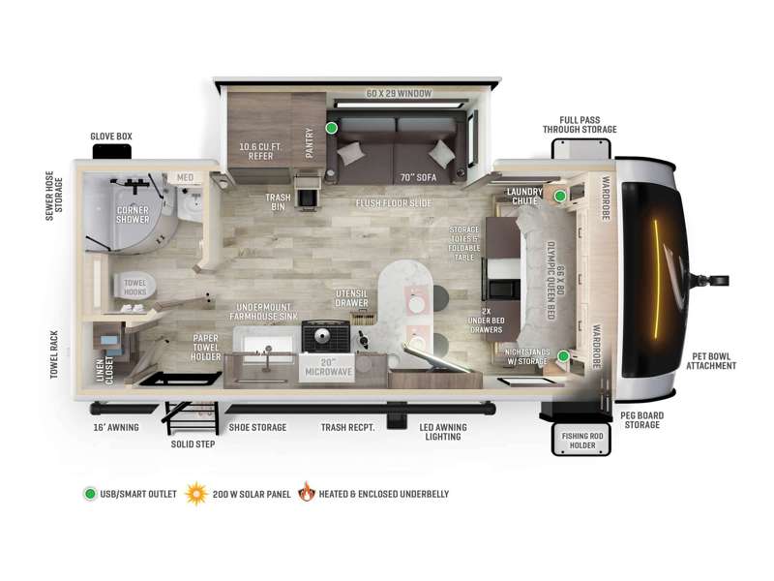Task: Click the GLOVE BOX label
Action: point(111,137)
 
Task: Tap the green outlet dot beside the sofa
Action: point(332,128)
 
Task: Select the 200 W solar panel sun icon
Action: point(196,494)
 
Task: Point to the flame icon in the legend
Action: point(307,492)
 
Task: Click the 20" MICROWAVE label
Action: point(328,367)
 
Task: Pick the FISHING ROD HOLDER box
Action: point(581,440)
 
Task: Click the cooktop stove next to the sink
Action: point(326,336)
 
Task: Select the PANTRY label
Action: point(310,142)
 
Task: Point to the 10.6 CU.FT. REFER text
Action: point(260,151)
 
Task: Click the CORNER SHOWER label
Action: point(133,214)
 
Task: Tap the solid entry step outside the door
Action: point(191,417)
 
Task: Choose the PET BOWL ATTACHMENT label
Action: point(711,361)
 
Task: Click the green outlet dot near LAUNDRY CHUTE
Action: point(560,197)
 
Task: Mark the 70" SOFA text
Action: point(418,177)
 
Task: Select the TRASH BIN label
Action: point(278,201)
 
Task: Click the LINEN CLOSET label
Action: point(104,370)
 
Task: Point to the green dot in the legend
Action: point(90,494)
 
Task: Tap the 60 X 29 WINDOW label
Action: point(399,93)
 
